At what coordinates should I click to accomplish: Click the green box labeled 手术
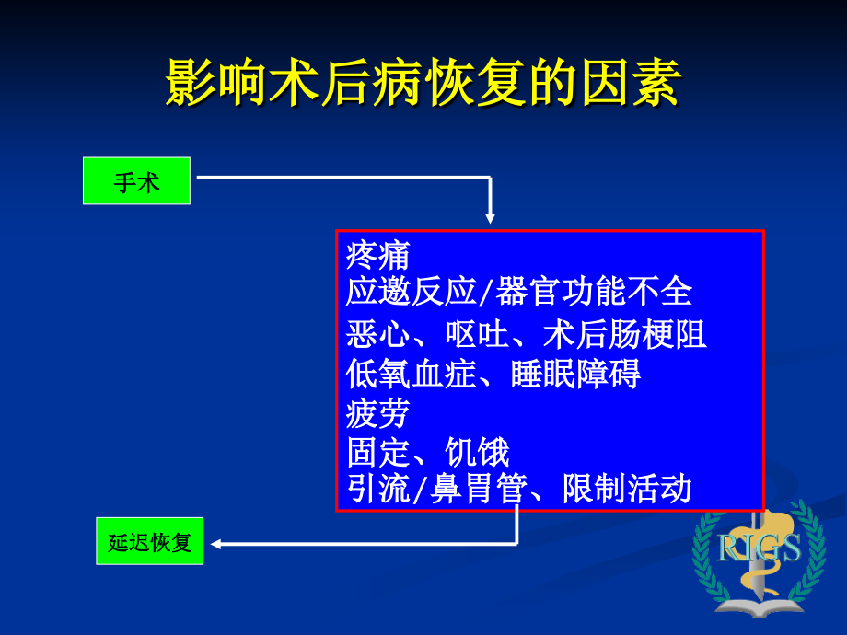pyautogui.click(x=136, y=181)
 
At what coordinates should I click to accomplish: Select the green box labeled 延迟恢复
pyautogui.click(x=149, y=541)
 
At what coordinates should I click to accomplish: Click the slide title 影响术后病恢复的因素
pyautogui.click(x=423, y=85)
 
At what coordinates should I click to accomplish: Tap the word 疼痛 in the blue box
pyautogui.click(x=378, y=255)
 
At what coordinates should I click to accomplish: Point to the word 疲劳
pyautogui.click(x=378, y=414)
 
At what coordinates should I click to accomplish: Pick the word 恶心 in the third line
pyautogui.click(x=378, y=334)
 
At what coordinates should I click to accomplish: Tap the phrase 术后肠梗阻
pyautogui.click(x=625, y=334)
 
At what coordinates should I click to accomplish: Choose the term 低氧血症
pyautogui.click(x=411, y=375)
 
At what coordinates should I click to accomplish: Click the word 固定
pyautogui.click(x=378, y=453)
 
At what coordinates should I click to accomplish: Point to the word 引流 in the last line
pyautogui.click(x=378, y=489)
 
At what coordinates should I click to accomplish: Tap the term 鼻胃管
pyautogui.click(x=474, y=489)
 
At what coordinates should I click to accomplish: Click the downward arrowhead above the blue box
pyautogui.click(x=490, y=218)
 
